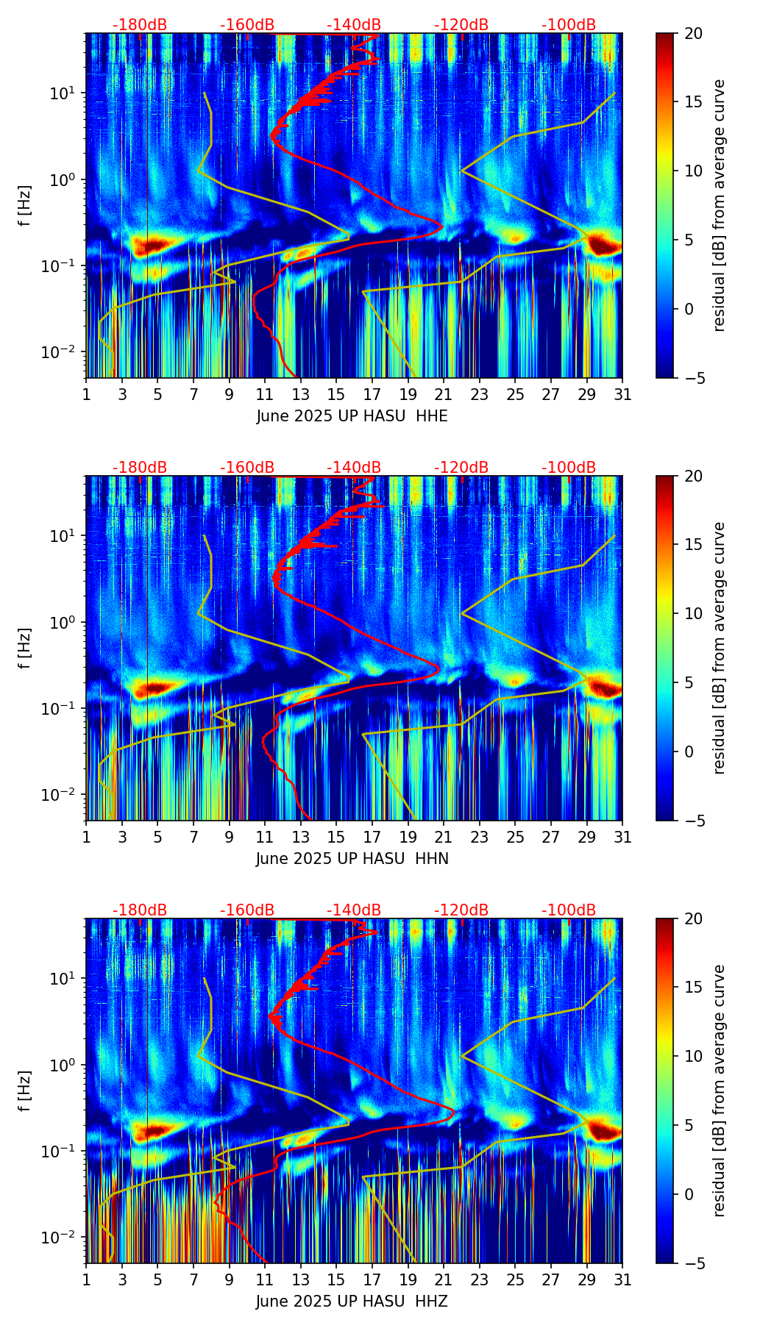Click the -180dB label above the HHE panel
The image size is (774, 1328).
coord(140,25)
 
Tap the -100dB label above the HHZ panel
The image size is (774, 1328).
coord(569,910)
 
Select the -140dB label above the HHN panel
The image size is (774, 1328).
coord(354,468)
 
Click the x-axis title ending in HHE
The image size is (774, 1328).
coord(352,416)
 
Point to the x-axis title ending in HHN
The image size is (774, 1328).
coord(352,859)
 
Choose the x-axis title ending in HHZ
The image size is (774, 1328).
coord(352,1302)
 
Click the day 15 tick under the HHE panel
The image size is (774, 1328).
coord(336,394)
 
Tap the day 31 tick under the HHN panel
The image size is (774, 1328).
coord(622,837)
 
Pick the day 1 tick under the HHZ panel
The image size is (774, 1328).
coord(86,1279)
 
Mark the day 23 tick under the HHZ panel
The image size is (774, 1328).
coord(480,1279)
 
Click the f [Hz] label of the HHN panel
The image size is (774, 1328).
coord(25,648)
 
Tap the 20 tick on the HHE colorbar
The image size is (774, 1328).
coord(693,33)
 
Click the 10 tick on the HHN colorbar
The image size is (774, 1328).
coord(693,613)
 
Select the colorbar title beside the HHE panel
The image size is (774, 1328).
coord(720,205)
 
